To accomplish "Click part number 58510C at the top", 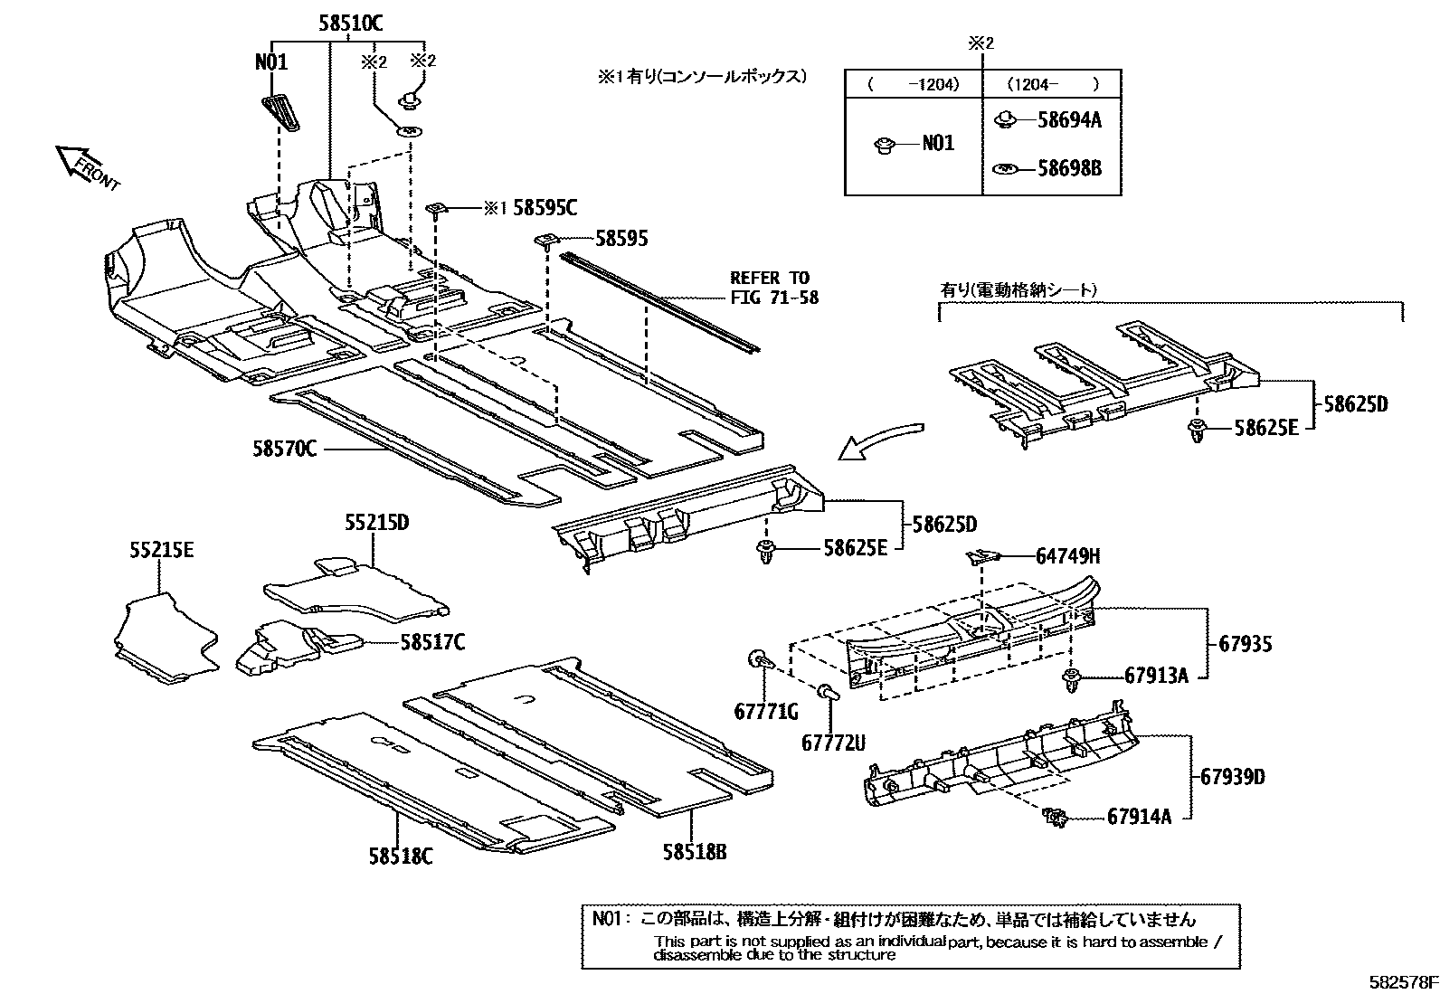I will (349, 24).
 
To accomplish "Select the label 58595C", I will (545, 208).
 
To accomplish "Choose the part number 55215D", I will (376, 523).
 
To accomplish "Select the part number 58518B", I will (695, 851).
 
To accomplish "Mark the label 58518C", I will (400, 856).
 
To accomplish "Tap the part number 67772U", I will (832, 743).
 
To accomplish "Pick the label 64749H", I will (1068, 556).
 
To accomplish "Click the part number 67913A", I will (1156, 675).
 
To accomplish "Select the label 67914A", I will (1139, 817).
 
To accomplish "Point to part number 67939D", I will (1233, 776).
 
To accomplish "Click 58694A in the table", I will (1069, 120).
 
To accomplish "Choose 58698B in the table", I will (1069, 169).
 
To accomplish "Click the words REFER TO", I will (770, 277).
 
